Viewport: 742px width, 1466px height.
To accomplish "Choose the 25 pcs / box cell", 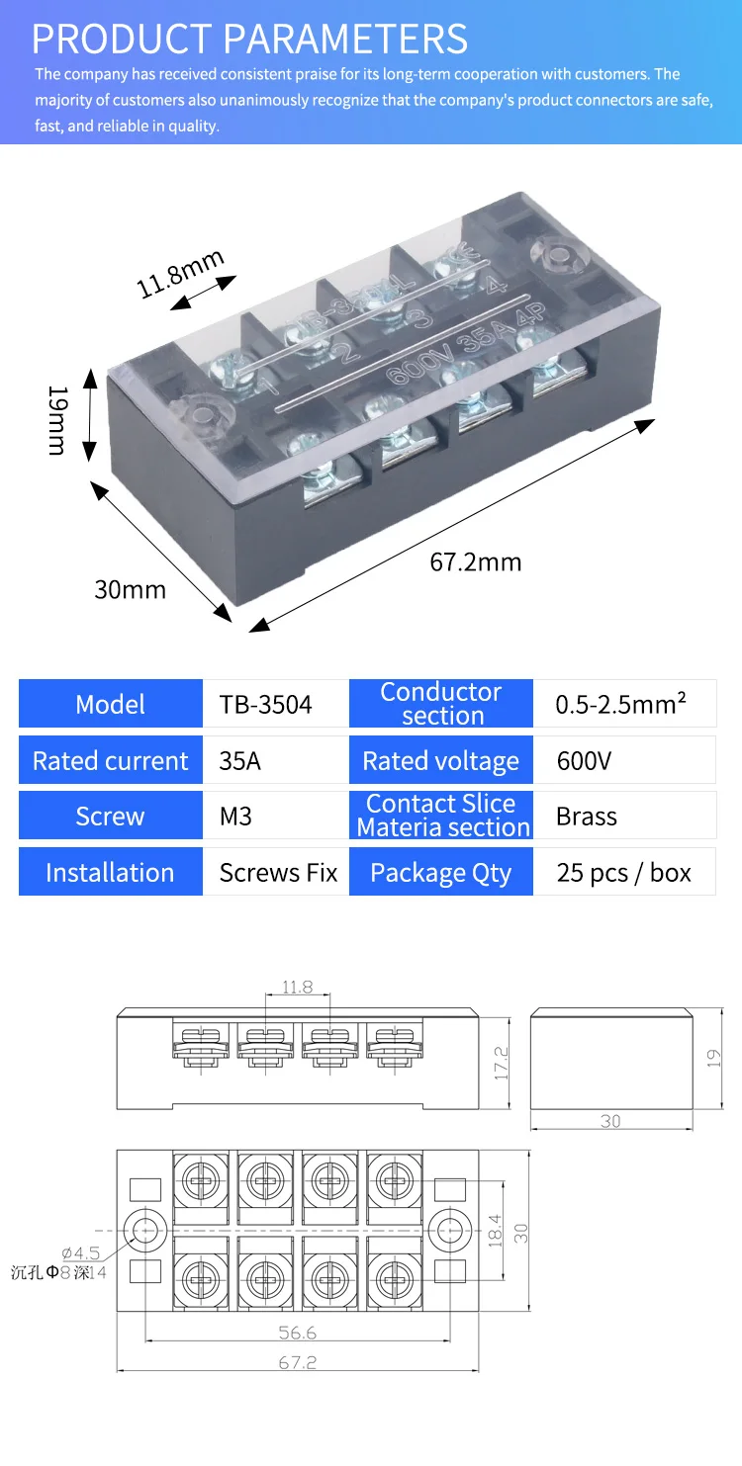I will click(x=623, y=873).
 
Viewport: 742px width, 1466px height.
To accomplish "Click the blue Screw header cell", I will click(x=110, y=817).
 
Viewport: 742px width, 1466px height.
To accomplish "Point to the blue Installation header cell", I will click(x=110, y=873).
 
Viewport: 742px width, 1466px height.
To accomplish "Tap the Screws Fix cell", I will click(x=278, y=873).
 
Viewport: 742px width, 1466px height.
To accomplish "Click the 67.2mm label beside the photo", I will click(x=475, y=562).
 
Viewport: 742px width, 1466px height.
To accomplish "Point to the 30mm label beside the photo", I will click(x=130, y=589).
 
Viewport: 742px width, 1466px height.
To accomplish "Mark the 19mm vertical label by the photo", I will click(x=57, y=421).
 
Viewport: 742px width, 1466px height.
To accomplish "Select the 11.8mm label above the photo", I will click(x=180, y=273).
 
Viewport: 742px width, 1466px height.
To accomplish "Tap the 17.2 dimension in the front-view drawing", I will click(x=501, y=1062).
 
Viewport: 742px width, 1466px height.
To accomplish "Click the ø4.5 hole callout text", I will click(x=80, y=1253).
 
